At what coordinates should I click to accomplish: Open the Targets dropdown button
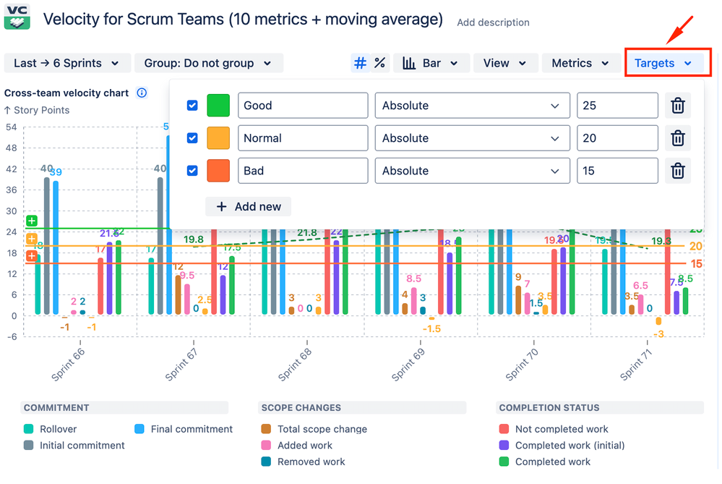tap(663, 63)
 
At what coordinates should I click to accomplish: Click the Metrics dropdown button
tap(580, 63)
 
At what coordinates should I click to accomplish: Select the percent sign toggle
tap(379, 63)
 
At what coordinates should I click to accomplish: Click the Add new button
tap(249, 207)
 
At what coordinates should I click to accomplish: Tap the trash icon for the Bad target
tap(677, 171)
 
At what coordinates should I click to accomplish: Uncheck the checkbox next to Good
tap(192, 106)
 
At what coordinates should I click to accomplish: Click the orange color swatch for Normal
tap(218, 138)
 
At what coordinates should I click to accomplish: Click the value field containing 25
tap(616, 106)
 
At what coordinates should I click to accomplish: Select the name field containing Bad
tap(302, 171)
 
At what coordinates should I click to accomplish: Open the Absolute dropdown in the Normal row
tap(471, 138)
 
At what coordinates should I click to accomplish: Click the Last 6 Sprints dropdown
tap(66, 63)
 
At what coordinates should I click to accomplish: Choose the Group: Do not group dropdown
tap(208, 63)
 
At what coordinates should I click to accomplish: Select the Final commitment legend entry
tap(191, 429)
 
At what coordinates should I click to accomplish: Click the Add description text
tap(493, 22)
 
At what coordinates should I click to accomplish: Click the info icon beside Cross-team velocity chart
tap(142, 93)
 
